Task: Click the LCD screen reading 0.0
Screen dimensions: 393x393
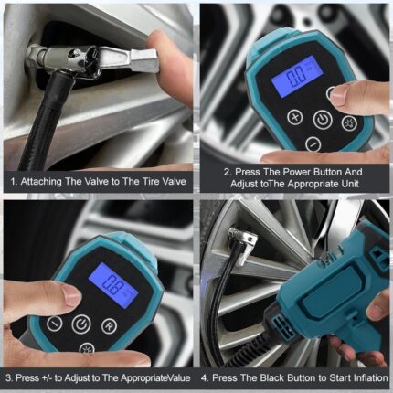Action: (x=296, y=76)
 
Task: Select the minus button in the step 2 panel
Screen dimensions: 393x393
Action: (x=313, y=143)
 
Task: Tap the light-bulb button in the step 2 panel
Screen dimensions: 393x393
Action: (x=348, y=122)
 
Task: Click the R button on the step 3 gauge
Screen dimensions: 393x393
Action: (x=109, y=326)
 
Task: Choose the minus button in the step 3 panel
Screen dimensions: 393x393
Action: (x=55, y=324)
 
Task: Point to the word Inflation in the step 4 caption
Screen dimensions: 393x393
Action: (x=371, y=378)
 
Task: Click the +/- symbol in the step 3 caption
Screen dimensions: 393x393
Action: (x=47, y=378)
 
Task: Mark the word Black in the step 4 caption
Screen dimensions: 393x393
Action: (x=272, y=378)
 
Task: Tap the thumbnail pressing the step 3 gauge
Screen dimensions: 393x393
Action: (x=71, y=297)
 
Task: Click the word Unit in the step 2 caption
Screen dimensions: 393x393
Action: (x=351, y=184)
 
